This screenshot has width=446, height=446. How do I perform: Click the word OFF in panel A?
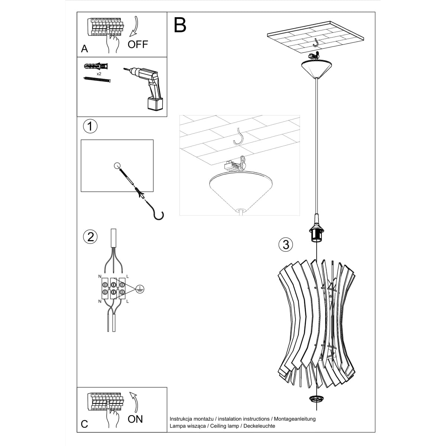click(138, 45)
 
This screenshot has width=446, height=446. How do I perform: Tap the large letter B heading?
click(180, 25)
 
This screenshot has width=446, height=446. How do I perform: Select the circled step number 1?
click(90, 126)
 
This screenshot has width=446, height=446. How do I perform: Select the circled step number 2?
click(90, 236)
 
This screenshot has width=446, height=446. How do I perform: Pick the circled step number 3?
click(285, 244)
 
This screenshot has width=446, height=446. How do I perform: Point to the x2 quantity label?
click(99, 74)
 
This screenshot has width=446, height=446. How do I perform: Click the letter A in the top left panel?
click(85, 49)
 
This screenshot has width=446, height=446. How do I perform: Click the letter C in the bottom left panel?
click(84, 424)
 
